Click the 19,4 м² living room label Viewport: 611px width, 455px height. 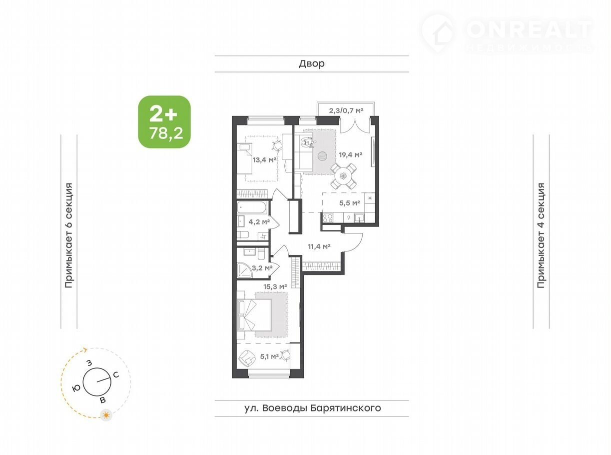point(350,155)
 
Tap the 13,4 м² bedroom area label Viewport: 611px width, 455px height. point(264,159)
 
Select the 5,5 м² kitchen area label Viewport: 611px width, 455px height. point(350,203)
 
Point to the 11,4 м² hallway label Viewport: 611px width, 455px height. point(319,246)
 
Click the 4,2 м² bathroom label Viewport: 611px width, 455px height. point(259,221)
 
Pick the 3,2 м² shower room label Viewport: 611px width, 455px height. point(262,268)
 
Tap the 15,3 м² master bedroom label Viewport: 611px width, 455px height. point(275,287)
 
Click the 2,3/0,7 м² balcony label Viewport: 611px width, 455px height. point(346,111)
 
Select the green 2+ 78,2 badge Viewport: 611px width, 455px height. point(164,121)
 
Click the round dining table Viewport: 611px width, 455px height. point(343,175)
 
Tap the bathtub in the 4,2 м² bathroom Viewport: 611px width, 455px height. point(252,207)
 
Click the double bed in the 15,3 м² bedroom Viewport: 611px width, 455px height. point(254,315)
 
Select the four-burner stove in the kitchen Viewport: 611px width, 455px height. point(328,218)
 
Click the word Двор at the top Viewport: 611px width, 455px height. point(312,63)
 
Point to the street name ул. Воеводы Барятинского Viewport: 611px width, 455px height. point(312,408)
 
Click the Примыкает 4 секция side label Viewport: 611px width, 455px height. point(541,235)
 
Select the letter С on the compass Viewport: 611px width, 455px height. point(116,375)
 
